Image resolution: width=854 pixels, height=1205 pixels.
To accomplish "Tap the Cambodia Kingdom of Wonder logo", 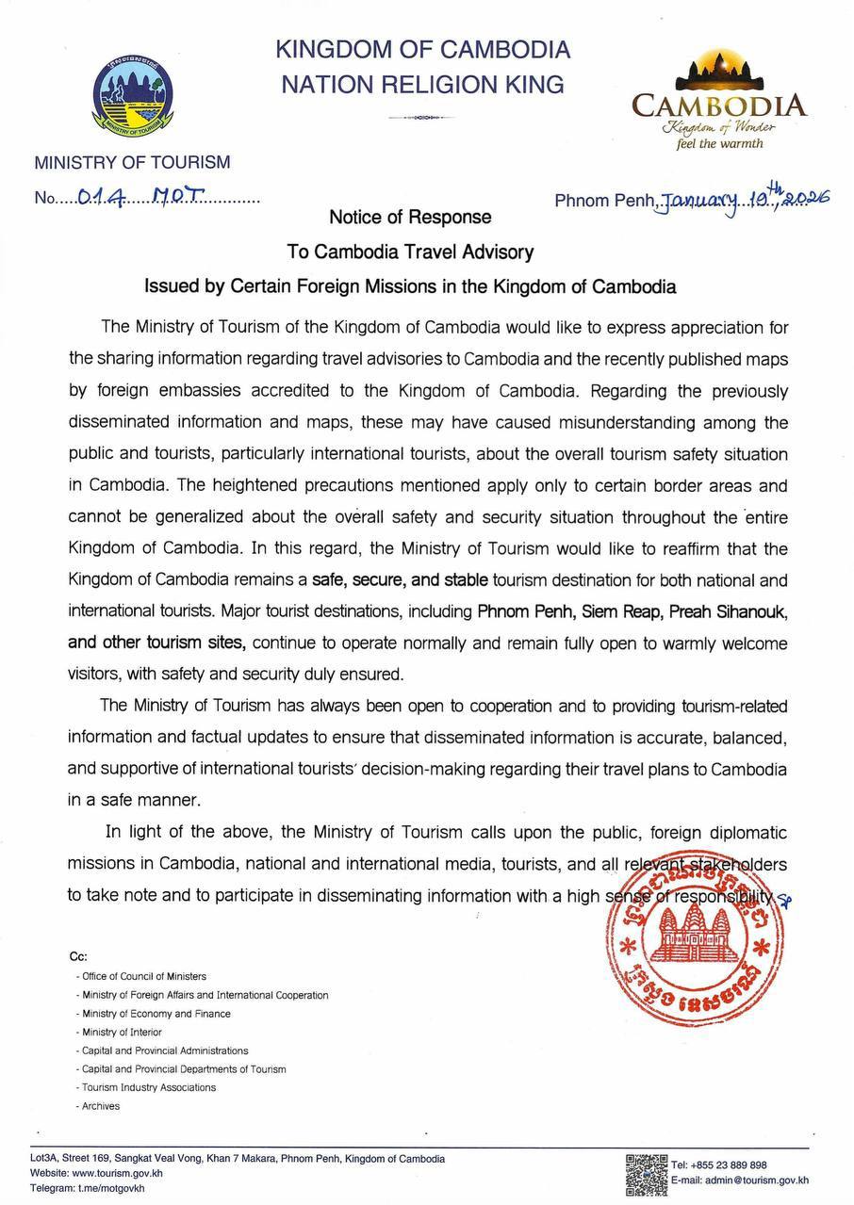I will (719, 105).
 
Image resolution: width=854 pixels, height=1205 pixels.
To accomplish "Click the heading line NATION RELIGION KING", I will (423, 85).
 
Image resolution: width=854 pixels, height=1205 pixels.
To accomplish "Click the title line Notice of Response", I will (410, 218).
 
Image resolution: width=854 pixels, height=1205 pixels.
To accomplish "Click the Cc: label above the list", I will (77, 955).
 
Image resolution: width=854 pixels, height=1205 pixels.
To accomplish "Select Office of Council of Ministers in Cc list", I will (141, 977).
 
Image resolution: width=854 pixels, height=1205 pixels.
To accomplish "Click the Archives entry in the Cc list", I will (101, 1106).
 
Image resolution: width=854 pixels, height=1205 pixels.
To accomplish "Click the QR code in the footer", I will (647, 1172).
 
